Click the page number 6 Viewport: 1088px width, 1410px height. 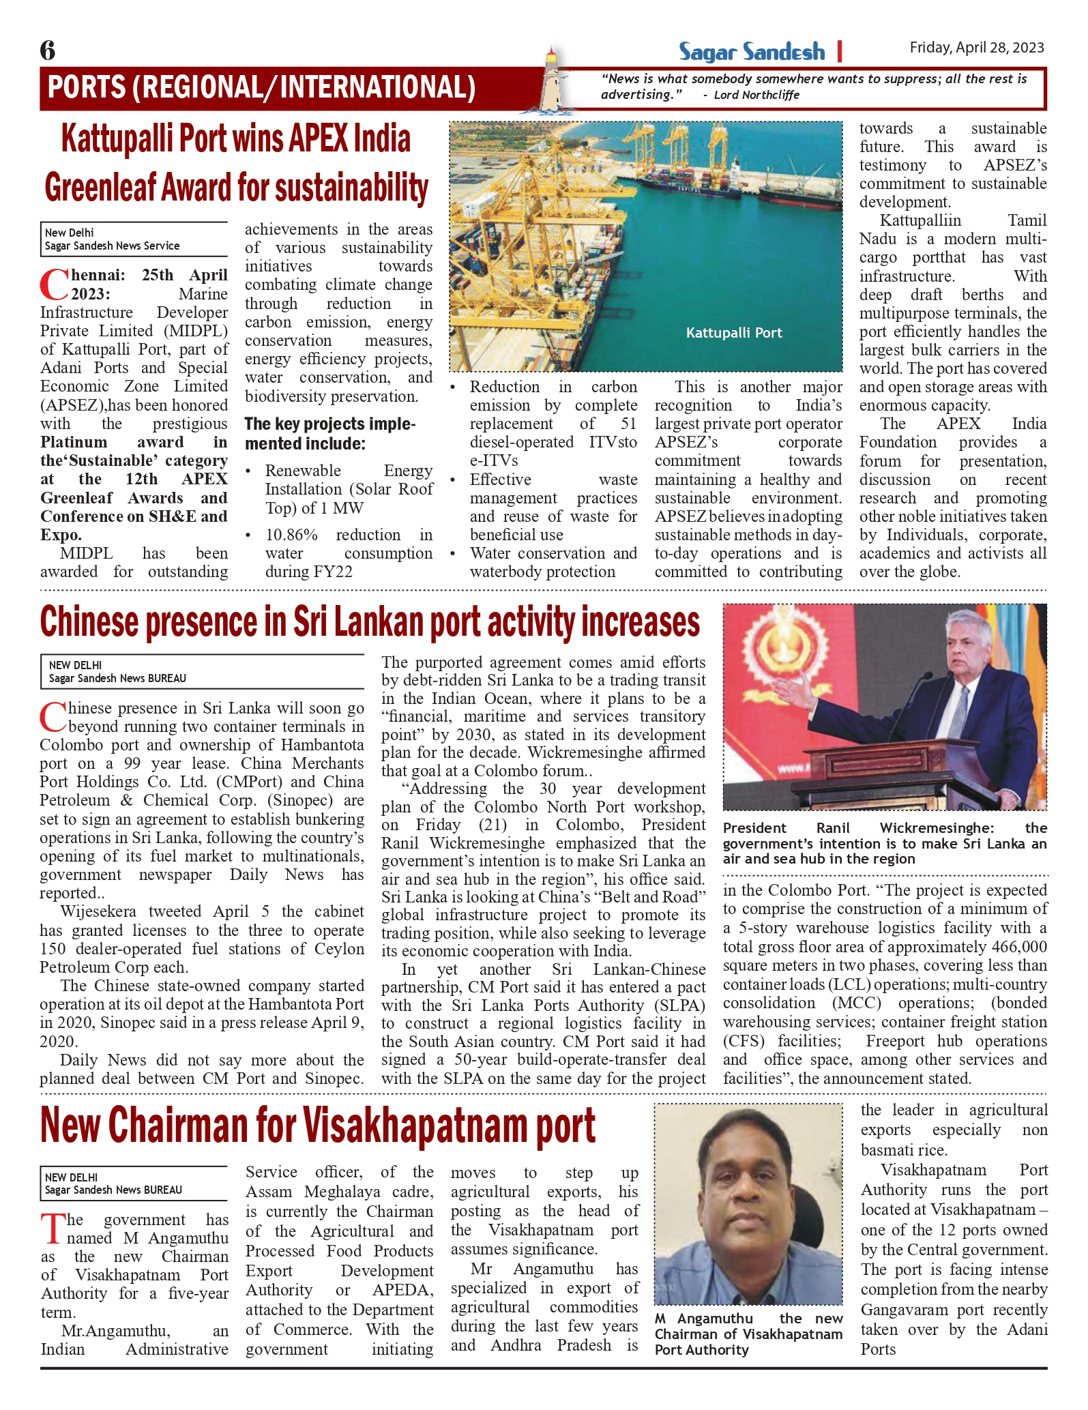48,50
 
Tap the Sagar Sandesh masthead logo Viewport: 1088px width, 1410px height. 751,52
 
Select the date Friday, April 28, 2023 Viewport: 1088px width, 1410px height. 976,47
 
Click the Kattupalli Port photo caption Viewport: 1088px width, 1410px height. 733,333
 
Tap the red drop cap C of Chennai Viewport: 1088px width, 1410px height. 53,285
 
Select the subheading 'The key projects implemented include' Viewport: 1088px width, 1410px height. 329,434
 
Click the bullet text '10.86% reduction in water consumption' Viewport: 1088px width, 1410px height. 348,553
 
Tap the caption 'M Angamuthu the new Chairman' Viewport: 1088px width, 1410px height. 748,1334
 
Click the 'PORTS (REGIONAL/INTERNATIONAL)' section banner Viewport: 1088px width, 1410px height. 261,87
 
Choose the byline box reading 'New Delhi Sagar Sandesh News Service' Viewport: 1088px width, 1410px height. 133,239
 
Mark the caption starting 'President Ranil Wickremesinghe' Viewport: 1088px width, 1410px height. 884,843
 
